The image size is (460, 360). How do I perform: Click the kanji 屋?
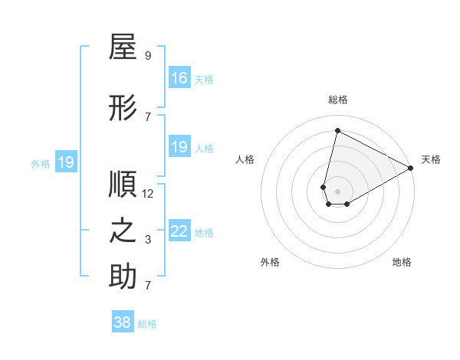[x=123, y=48]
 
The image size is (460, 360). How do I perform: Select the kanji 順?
[x=123, y=185]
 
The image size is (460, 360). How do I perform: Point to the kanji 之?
[x=123, y=231]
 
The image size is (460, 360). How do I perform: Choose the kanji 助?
[x=123, y=277]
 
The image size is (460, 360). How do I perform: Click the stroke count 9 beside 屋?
[x=148, y=56]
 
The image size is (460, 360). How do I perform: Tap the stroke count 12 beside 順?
[x=148, y=193]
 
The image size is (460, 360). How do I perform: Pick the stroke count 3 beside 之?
[x=148, y=240]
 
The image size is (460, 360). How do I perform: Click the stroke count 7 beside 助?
[x=148, y=286]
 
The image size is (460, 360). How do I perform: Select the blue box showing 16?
[x=179, y=78]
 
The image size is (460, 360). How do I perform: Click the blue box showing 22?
[x=179, y=232]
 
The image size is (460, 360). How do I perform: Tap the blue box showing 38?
[x=123, y=322]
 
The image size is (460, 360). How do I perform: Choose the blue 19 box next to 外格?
[x=66, y=162]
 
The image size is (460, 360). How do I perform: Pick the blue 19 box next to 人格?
[x=179, y=147]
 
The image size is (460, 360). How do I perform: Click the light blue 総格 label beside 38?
[x=147, y=324]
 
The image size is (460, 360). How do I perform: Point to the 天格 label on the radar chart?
[x=431, y=159]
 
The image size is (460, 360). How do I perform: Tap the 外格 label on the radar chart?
[x=270, y=262]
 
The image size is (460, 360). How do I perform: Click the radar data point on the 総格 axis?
[x=337, y=129]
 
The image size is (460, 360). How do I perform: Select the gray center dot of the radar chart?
[x=337, y=190]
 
